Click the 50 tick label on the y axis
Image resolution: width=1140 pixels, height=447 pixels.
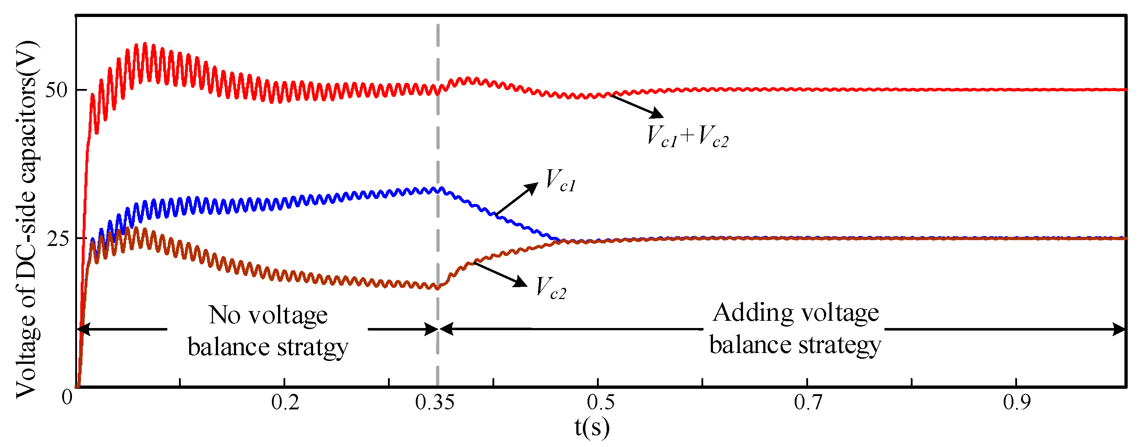56,90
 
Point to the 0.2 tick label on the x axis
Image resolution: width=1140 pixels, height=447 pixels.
285,402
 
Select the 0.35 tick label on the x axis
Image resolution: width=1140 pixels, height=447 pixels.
435,402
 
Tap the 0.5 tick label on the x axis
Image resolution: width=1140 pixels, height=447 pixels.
600,402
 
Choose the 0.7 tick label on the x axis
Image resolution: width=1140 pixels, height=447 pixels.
808,402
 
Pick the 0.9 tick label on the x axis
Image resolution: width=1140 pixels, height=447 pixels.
1017,402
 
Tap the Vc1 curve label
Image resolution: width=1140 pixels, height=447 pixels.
560,180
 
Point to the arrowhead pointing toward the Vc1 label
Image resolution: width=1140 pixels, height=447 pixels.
532,187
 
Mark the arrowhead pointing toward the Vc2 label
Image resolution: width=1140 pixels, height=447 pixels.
521,282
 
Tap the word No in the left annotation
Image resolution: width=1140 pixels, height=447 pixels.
225,315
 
